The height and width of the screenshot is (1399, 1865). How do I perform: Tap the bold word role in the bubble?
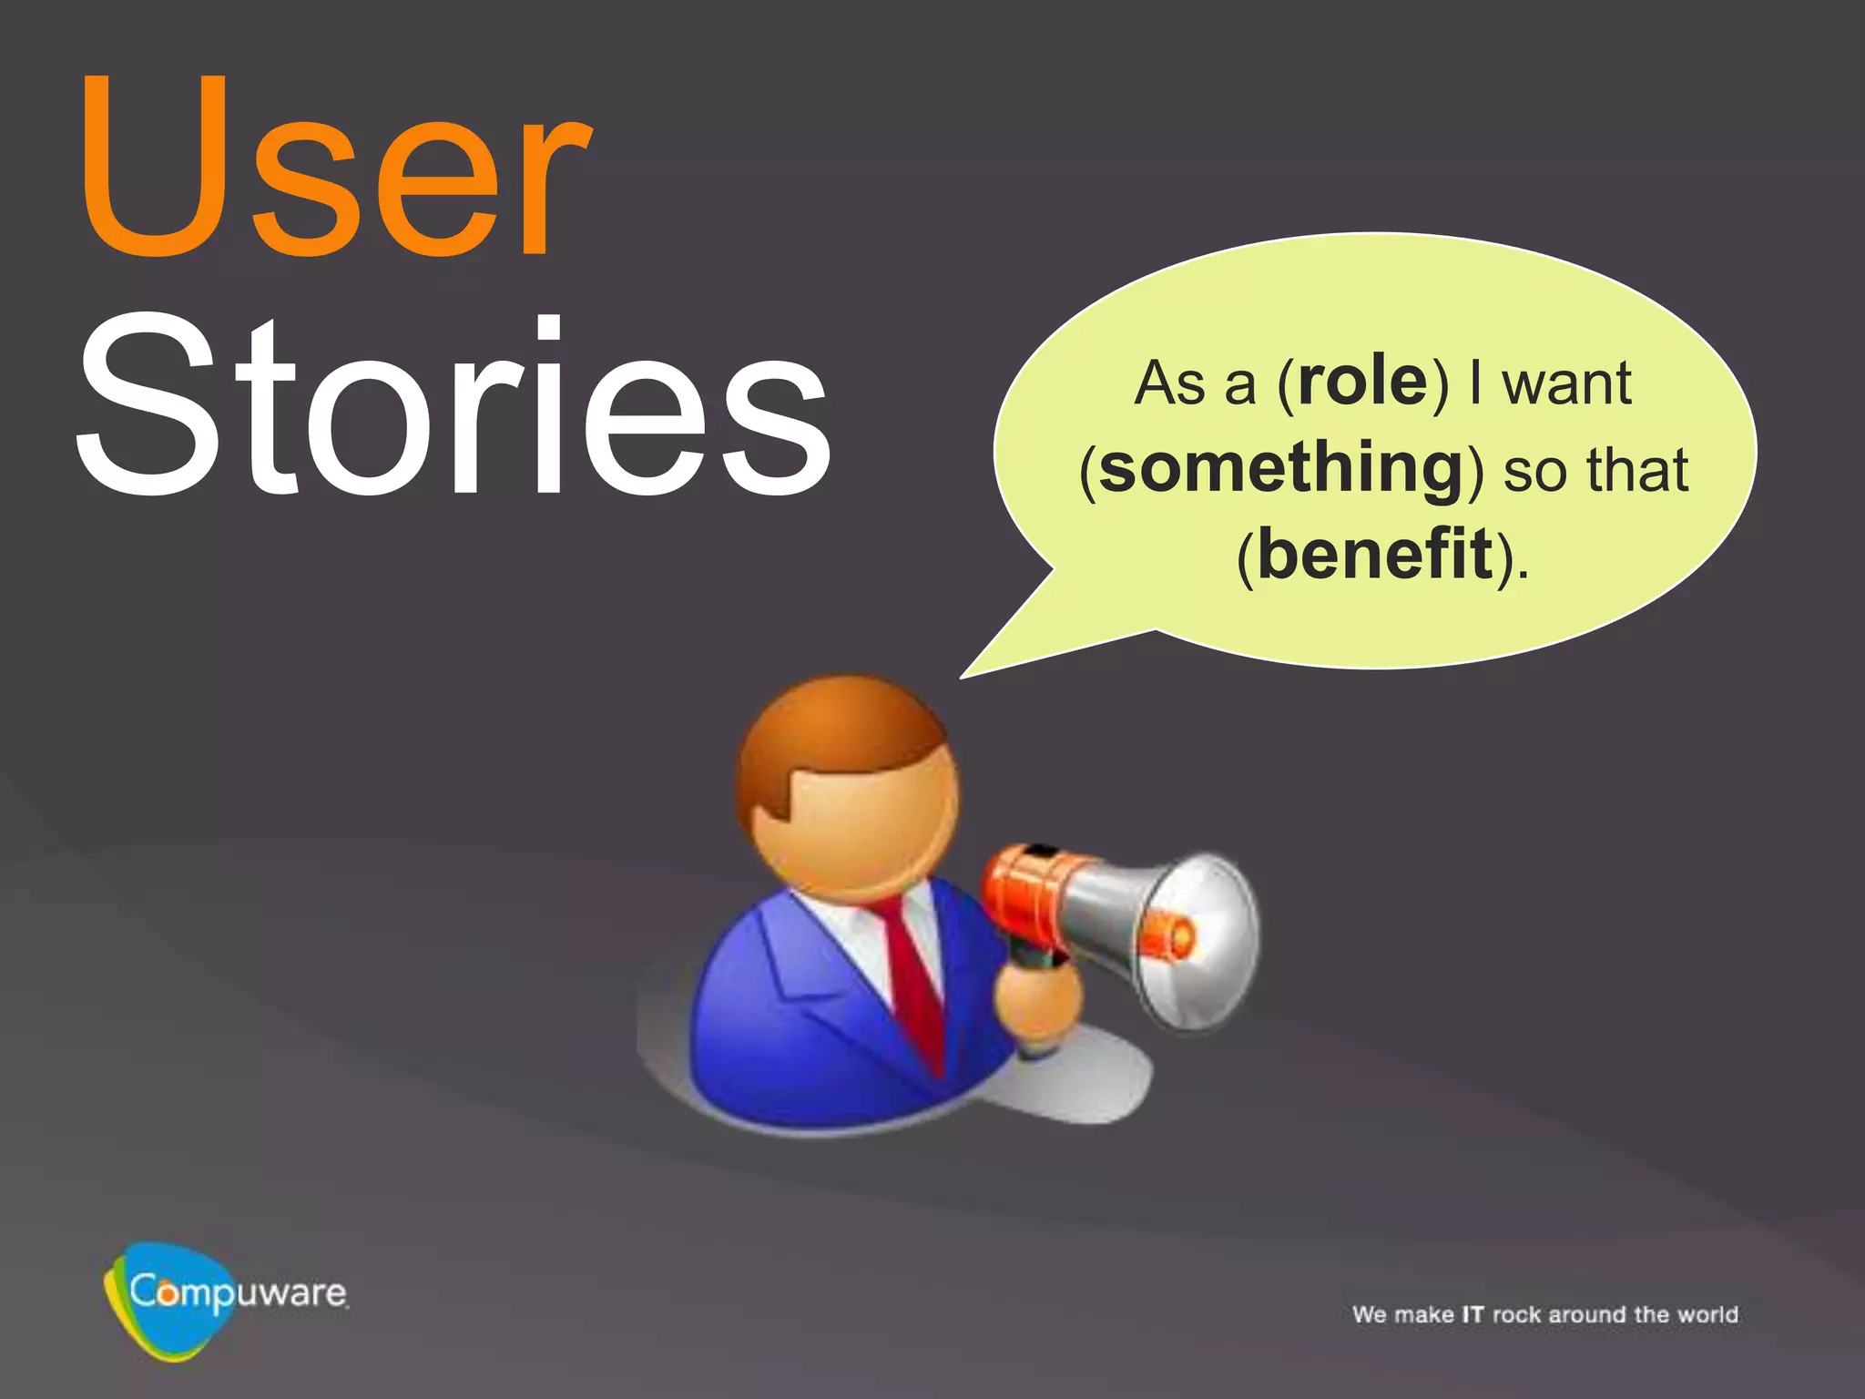tap(1362, 383)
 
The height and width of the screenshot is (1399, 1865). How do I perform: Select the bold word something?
tap(1280, 470)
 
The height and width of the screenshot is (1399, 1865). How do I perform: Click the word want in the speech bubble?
tap(1566, 383)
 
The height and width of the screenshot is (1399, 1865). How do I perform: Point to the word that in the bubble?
tap(1637, 471)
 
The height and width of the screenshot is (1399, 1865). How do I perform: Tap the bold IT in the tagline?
tap(1473, 1314)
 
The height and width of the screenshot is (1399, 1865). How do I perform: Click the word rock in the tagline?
tap(1516, 1314)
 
